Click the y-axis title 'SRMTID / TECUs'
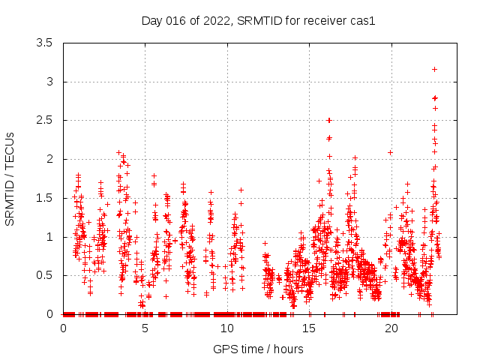coord(10,179)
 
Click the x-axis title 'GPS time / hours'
coord(258,349)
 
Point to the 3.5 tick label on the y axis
coord(45,43)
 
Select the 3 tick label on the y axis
coord(49,82)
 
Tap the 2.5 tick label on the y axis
coord(45,120)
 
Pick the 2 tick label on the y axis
coord(49,159)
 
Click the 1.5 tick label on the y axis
coord(45,198)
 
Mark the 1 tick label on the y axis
coord(49,237)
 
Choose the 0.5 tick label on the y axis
coord(45,275)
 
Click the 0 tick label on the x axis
coord(63,328)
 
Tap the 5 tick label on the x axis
coord(145,328)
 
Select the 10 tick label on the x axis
coord(227,328)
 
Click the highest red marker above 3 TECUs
coord(434,69)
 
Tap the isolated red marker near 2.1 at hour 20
coord(390,152)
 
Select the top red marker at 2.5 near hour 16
coord(328,120)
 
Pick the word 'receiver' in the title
coord(324,20)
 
